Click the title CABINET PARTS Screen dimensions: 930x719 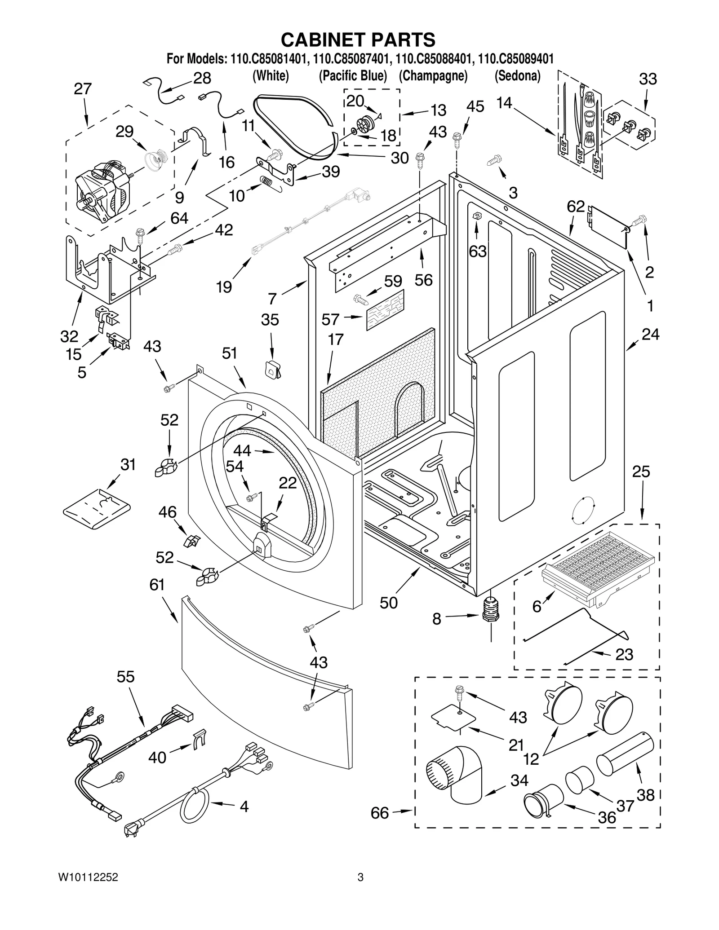358,40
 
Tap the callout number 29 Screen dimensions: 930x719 124,132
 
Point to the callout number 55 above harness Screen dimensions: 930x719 125,677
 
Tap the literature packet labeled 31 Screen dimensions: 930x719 97,509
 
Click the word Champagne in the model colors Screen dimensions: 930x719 433,76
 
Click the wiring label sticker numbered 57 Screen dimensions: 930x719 385,310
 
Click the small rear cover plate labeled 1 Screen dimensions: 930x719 609,226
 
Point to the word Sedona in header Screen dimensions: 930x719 518,76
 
